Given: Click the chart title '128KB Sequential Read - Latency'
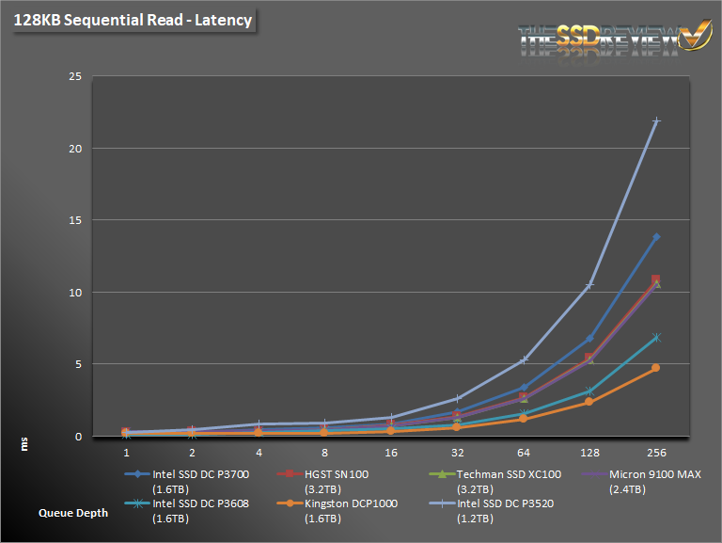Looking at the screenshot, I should click(133, 19).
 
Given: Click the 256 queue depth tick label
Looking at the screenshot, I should click(656, 452).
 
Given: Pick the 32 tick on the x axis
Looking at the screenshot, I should click(458, 452).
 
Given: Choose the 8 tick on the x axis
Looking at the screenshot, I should click(324, 452).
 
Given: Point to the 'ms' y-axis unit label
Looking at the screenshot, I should click(25, 441).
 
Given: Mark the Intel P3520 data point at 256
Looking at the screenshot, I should click(656, 121).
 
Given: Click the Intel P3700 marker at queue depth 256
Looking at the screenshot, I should click(656, 237).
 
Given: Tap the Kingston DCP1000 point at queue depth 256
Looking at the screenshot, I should click(656, 368).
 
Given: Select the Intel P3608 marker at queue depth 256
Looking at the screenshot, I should click(656, 337).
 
